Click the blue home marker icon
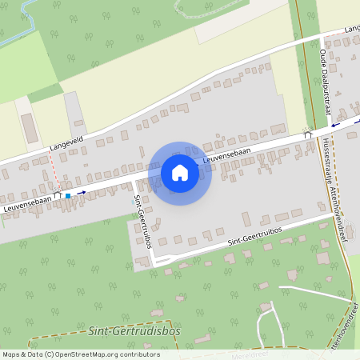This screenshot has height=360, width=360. [180, 172]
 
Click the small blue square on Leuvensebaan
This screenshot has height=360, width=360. [68, 195]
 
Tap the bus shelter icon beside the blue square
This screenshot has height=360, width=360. [58, 194]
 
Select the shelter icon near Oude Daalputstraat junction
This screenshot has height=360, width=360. [308, 134]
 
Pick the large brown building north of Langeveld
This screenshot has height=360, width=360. [30, 128]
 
